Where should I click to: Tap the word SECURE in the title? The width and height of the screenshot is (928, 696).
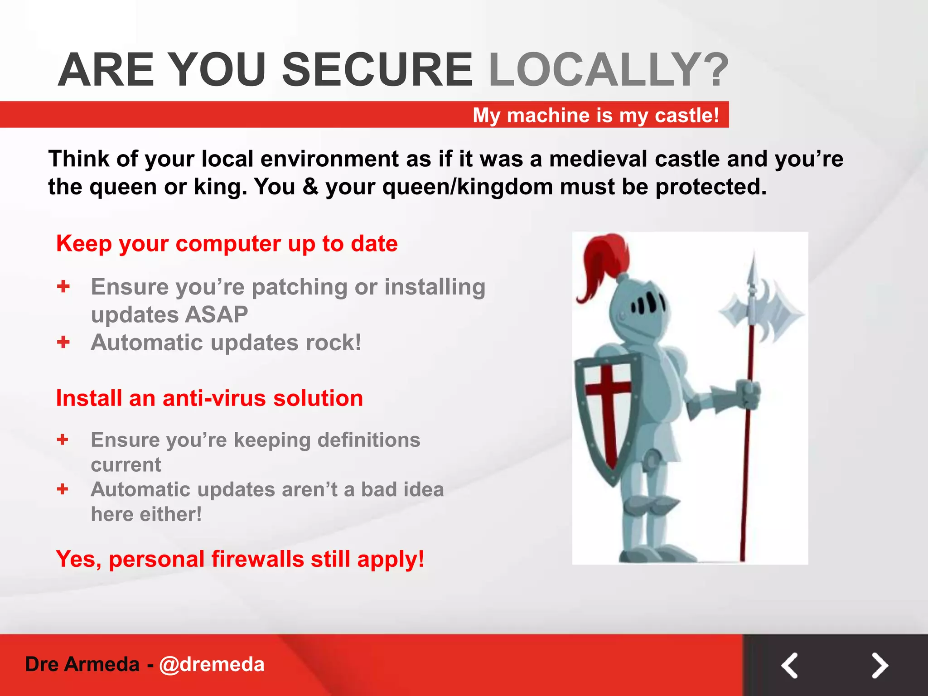coord(377,70)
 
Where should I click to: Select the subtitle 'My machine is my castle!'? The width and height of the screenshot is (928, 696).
coord(595,115)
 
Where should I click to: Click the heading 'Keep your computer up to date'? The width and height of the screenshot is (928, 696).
coord(227,244)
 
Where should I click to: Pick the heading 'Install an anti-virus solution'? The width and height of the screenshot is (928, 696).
coord(209,398)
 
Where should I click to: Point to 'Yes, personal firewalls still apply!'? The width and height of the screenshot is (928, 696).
coord(240,559)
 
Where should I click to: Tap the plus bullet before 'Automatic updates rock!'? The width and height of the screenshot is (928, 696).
coord(63,342)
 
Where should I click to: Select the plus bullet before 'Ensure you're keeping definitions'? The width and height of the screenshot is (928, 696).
coord(63,439)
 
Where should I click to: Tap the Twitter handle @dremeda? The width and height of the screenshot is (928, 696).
coord(212,664)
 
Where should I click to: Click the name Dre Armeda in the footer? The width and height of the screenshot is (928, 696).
coord(82,664)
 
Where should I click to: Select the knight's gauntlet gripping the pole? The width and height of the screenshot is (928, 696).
coord(748,394)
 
